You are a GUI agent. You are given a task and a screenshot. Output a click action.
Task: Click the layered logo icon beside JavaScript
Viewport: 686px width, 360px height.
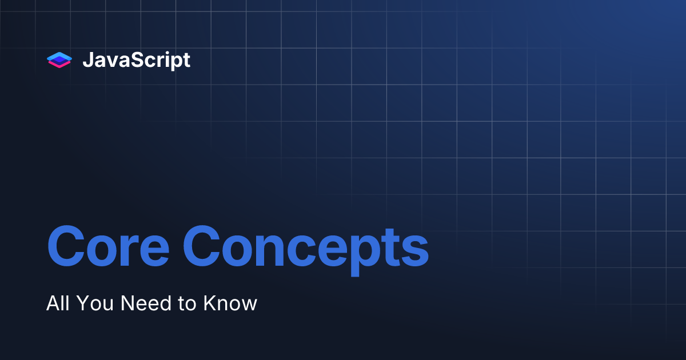point(59,60)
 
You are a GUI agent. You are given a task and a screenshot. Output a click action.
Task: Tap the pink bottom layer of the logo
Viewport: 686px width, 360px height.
point(59,65)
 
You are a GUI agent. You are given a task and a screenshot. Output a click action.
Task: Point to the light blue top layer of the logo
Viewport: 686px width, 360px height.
point(59,57)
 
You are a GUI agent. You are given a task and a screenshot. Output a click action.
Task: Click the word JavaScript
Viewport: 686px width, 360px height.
point(137,61)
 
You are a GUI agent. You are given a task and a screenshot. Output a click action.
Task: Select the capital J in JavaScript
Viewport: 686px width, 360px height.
point(88,59)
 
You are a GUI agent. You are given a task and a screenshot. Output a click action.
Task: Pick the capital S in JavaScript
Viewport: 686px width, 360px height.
point(139,59)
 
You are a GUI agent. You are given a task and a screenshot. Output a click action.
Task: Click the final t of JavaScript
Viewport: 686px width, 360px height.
point(186,61)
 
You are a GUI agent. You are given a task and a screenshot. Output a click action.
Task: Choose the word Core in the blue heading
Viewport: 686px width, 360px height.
point(108,246)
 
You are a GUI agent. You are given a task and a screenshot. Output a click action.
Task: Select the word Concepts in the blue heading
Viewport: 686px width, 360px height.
point(306,251)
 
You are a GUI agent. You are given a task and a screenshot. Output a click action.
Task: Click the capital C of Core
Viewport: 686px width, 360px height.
point(66,246)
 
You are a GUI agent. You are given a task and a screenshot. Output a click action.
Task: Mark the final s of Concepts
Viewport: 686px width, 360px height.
point(414,251)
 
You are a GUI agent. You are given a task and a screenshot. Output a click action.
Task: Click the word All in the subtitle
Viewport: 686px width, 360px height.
point(58,303)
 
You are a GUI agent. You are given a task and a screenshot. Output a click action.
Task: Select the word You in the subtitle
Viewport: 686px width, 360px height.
point(95,303)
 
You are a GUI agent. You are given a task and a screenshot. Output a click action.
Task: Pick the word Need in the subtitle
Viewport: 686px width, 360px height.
point(146,303)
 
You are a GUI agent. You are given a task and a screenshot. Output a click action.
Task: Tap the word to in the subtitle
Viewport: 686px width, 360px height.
point(187,303)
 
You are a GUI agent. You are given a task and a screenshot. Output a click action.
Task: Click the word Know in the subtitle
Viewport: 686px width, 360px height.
point(230,303)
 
